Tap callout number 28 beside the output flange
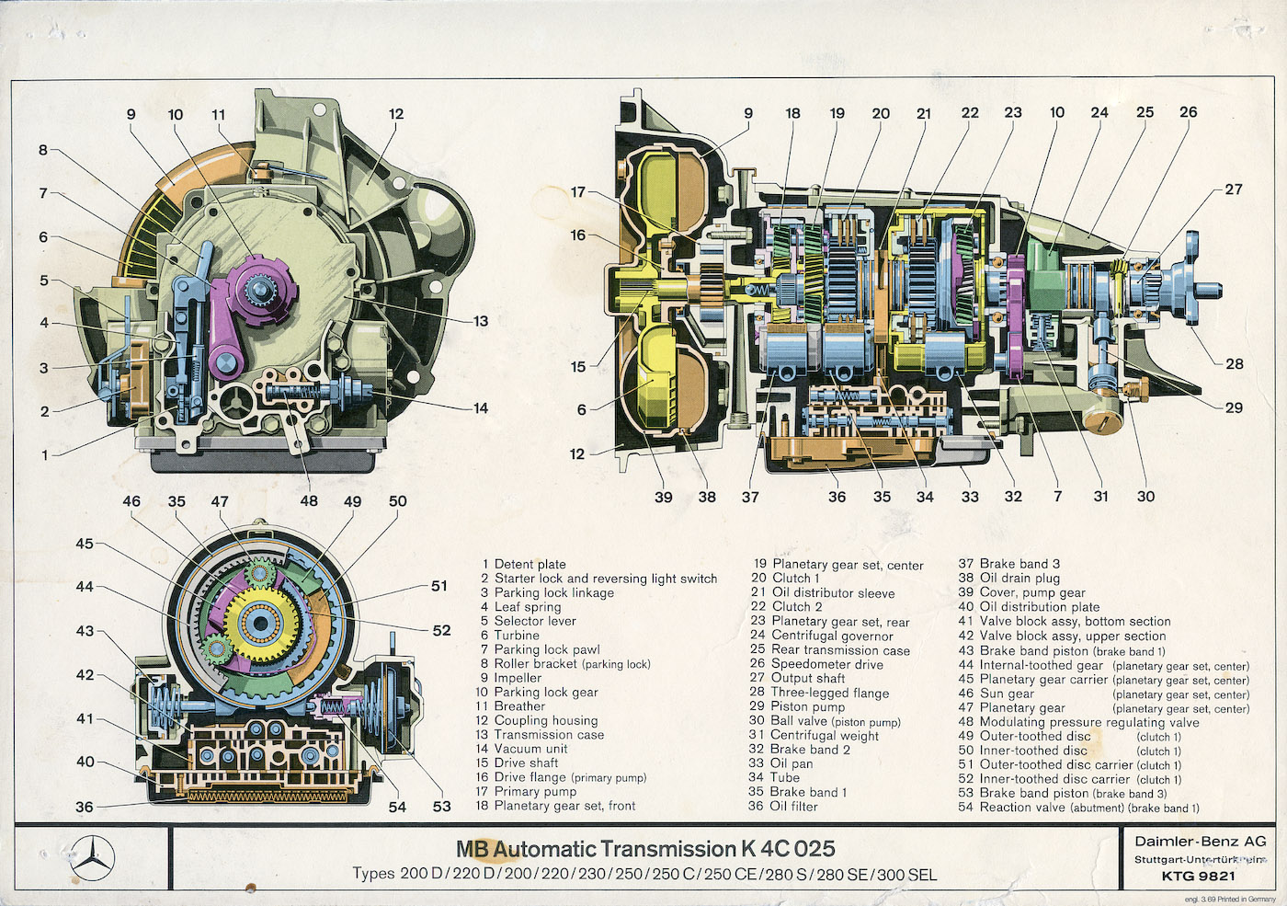point(1234,363)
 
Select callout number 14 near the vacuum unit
point(480,408)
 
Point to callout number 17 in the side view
point(577,192)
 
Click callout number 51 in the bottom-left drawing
point(439,586)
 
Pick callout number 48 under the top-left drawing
point(309,501)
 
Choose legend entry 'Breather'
point(519,706)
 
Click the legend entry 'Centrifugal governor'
point(832,636)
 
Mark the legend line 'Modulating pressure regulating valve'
point(1088,722)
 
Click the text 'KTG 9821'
point(1199,876)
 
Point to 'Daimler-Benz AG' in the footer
point(1200,841)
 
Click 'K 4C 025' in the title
point(788,849)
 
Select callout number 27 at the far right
point(1234,189)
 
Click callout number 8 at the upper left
point(43,150)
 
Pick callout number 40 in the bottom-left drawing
point(85,762)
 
